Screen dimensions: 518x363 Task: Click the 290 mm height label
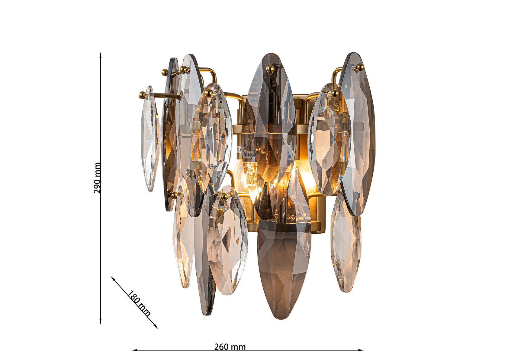tap(97, 178)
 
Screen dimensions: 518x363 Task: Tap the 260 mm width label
tap(230, 347)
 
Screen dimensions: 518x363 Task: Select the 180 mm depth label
tap(138, 303)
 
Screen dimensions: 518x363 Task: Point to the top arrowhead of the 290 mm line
tap(101, 55)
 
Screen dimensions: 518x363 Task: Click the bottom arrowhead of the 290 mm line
tap(101, 321)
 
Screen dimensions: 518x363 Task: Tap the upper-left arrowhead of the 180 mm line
tap(113, 278)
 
